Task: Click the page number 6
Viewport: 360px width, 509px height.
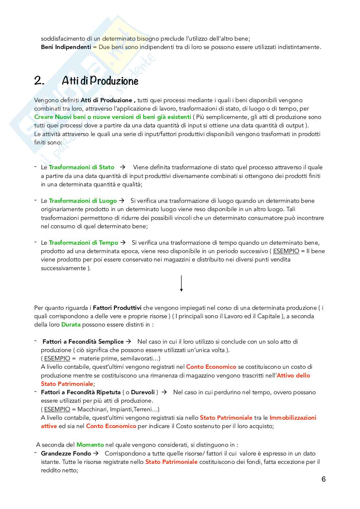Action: pyautogui.click(x=324, y=479)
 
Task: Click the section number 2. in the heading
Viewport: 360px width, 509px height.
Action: pyautogui.click(x=39, y=81)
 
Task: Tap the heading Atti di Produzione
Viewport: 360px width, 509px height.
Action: pyautogui.click(x=100, y=81)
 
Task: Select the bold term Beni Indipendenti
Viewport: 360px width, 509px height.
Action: pyautogui.click(x=66, y=47)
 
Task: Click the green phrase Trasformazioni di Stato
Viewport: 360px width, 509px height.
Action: pyautogui.click(x=82, y=167)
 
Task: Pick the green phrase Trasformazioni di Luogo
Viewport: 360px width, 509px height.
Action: pyautogui.click(x=83, y=201)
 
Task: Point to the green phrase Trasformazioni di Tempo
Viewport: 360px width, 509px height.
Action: pyautogui.click(x=84, y=243)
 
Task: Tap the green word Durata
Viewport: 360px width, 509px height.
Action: pyautogui.click(x=71, y=325)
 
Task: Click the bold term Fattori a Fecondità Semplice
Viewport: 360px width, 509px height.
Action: pyautogui.click(x=83, y=342)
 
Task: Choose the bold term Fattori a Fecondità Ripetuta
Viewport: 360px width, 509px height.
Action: pyautogui.click(x=81, y=392)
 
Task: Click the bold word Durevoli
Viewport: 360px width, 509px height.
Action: pyautogui.click(x=143, y=392)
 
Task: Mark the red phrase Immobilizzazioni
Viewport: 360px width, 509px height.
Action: pyautogui.click(x=293, y=418)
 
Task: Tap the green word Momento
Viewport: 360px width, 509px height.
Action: pyautogui.click(x=90, y=445)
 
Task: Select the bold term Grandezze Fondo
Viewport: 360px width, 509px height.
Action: pyautogui.click(x=66, y=454)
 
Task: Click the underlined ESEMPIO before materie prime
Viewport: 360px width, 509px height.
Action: pyautogui.click(x=57, y=358)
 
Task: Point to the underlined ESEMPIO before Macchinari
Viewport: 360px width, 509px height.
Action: pyautogui.click(x=57, y=409)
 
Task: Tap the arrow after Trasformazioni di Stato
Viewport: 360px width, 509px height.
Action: pyautogui.click(x=123, y=167)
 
